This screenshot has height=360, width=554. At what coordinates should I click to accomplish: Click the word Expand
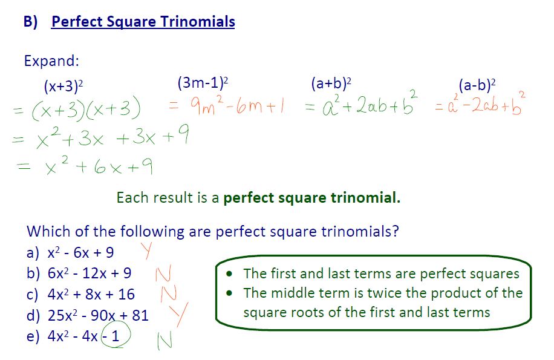[x=51, y=61]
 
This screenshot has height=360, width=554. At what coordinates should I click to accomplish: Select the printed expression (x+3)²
[x=63, y=87]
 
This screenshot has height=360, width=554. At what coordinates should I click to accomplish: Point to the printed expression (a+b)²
[x=331, y=83]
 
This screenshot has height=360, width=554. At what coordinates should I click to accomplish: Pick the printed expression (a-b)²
[x=477, y=85]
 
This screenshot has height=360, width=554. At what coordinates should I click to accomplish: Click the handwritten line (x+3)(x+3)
[x=79, y=110]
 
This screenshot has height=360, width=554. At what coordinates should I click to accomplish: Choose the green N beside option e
[x=165, y=341]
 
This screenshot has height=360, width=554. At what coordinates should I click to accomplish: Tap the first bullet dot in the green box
[x=229, y=274]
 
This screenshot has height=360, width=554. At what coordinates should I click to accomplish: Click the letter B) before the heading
[x=31, y=22]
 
